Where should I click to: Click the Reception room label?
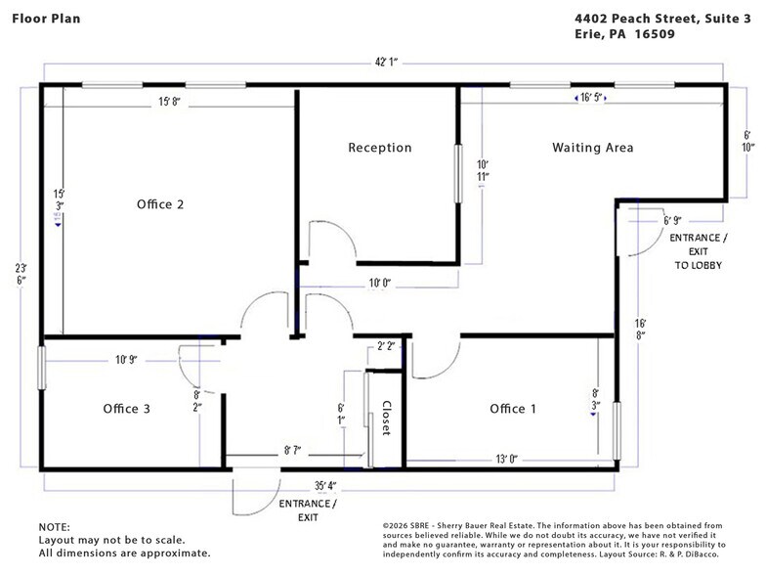380,148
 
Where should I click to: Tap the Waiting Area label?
593,148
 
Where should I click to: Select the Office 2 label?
161,204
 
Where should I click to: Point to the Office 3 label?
126,409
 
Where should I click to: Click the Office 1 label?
513,409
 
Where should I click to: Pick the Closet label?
386,419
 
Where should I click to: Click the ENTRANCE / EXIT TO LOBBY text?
697,251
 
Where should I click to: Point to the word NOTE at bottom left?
55,526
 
